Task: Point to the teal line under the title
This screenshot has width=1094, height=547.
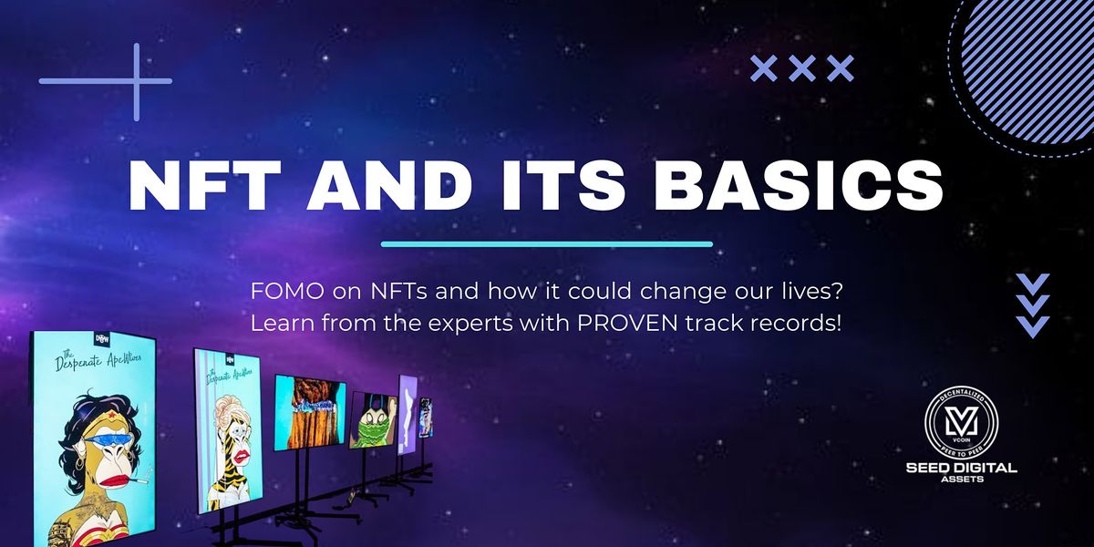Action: pyautogui.click(x=546, y=244)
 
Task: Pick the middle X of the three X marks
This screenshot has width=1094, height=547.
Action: pyautogui.click(x=801, y=67)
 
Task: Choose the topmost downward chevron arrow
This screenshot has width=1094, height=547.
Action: pyautogui.click(x=1032, y=284)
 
